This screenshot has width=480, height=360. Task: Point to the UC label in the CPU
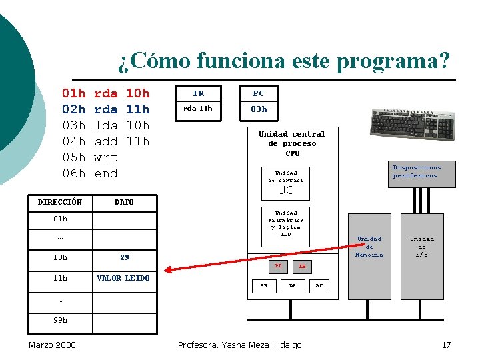pos(285,190)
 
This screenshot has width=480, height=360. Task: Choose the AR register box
pos(264,285)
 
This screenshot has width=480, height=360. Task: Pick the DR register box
pos(292,285)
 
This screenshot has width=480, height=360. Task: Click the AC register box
pos(319,285)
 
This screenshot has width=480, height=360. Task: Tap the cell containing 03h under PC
pos(259,109)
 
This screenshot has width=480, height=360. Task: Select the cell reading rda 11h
pos(198,109)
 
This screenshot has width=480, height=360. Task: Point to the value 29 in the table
pos(124,257)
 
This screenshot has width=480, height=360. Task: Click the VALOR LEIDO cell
pos(124,278)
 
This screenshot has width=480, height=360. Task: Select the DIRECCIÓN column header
pos(60,202)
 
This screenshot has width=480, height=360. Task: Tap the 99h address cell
pos(60,320)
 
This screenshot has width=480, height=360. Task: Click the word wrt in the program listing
pos(106,157)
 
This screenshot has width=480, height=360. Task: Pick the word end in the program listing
pos(106,173)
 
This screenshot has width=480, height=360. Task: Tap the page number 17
pos(446,345)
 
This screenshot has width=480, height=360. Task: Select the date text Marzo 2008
pos(52,345)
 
